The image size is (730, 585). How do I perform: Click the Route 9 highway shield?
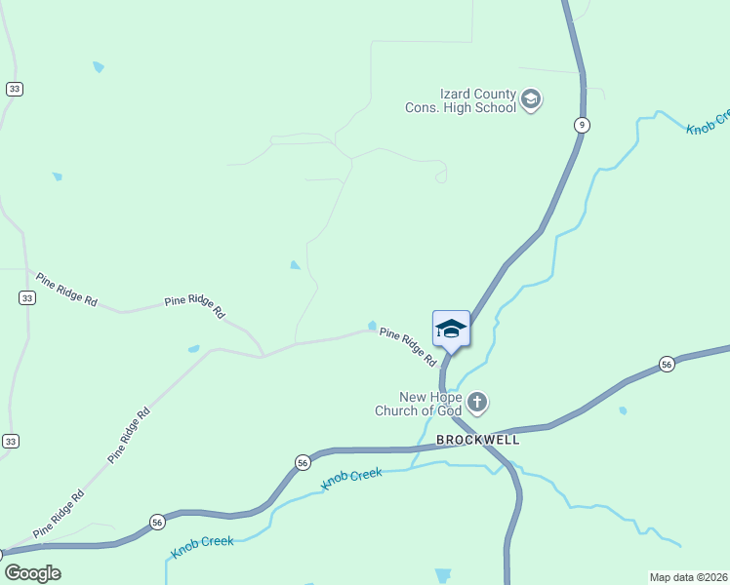pos(582,124)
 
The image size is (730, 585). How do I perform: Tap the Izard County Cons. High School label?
pos(461,100)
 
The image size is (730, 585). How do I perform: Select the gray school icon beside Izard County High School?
pos(531,99)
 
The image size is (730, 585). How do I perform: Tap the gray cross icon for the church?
pos(477,402)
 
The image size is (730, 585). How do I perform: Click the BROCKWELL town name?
pos(477,440)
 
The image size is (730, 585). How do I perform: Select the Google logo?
pos(31,573)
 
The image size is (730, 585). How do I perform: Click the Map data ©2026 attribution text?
pos(688,577)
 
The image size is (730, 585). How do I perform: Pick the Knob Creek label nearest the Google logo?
pos(202,547)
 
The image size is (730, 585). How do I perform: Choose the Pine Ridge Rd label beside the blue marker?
pos(408,347)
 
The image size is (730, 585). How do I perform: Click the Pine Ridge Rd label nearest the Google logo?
pos(59,514)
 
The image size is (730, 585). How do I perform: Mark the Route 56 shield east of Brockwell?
pos(667,364)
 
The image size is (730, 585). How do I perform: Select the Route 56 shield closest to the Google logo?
pos(156,522)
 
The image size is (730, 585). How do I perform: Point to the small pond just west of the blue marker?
pos(372,326)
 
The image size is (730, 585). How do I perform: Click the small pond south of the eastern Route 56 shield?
pos(623,410)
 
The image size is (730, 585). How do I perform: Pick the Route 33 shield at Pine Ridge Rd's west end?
pos(26,298)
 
